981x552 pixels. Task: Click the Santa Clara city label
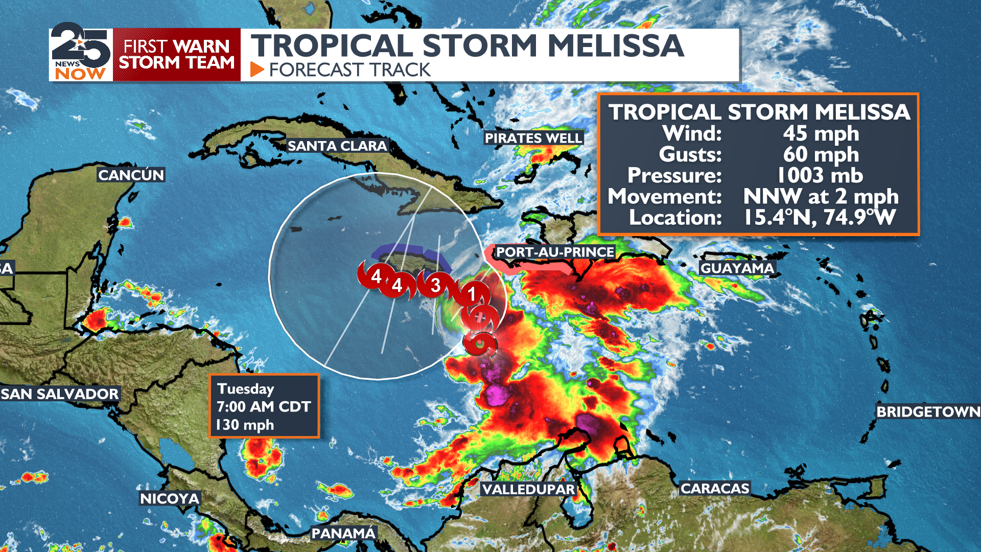(337, 146)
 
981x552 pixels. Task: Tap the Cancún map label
(131, 175)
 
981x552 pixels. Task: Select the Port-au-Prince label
(555, 252)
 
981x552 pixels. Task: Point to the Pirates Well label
(533, 138)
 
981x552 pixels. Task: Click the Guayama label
(737, 268)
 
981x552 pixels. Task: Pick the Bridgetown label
(928, 411)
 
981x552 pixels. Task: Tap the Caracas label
(715, 489)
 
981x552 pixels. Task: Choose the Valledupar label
(528, 489)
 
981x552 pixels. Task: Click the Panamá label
(343, 534)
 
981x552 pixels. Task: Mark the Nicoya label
(170, 498)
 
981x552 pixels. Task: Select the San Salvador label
(60, 394)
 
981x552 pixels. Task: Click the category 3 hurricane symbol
(435, 285)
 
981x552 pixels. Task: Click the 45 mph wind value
(821, 133)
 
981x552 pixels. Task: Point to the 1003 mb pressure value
(820, 175)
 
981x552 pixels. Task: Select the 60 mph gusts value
(821, 154)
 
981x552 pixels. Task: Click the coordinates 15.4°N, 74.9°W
(820, 217)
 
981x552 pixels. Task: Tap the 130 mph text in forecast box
(245, 425)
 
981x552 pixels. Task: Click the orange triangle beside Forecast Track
(257, 70)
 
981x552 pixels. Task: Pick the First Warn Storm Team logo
(176, 55)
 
